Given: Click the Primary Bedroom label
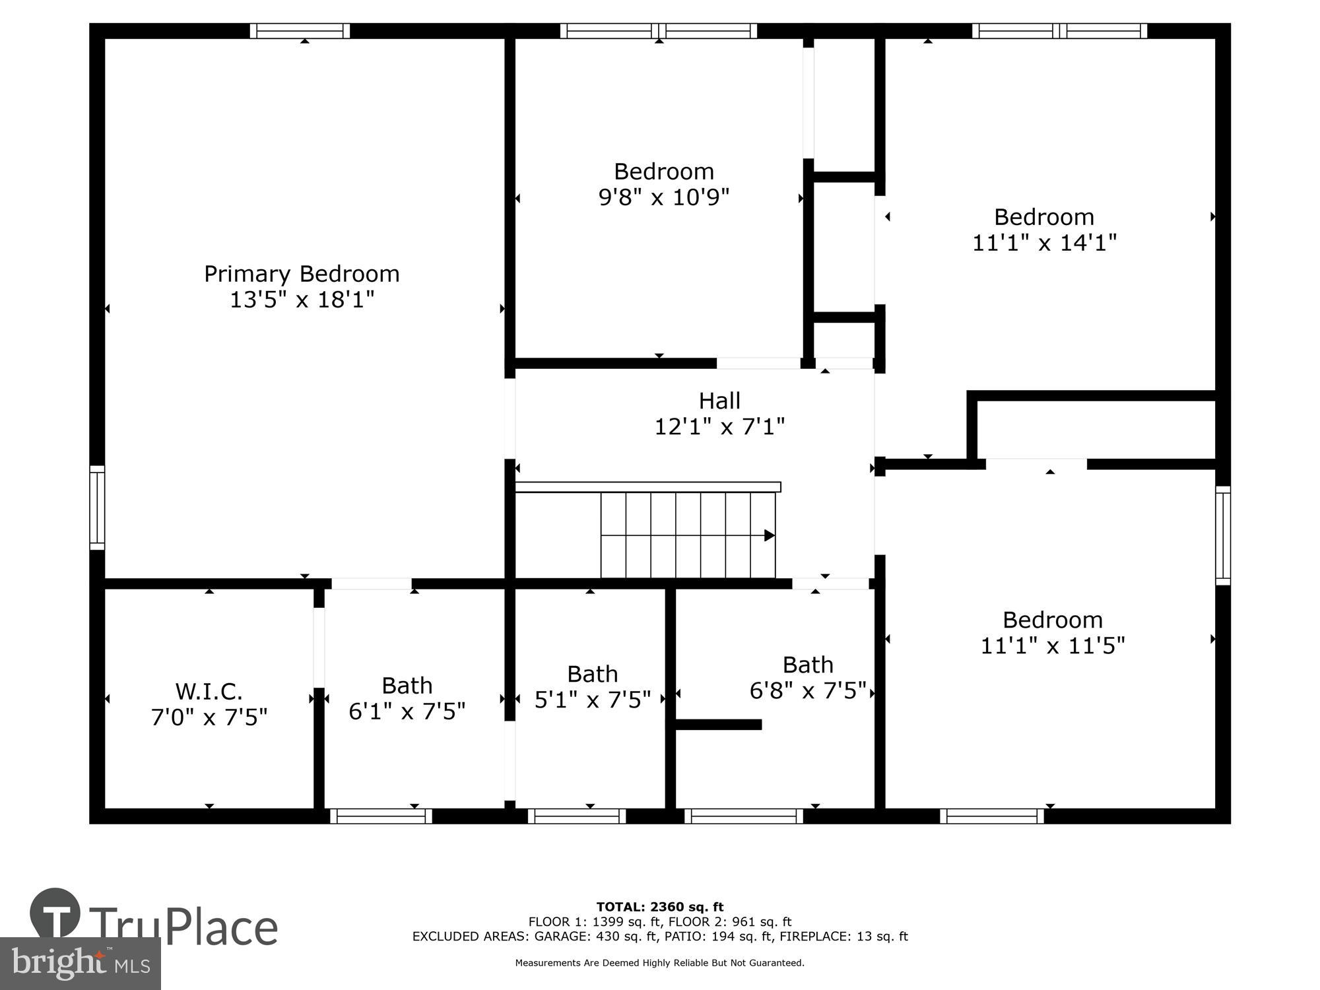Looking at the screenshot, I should pos(302,273).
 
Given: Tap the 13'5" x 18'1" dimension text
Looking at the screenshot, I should pos(302,300).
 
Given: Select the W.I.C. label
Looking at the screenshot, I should pos(209,691).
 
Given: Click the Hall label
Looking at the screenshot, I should pos(719,401).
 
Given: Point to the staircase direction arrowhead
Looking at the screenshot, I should pos(770,535).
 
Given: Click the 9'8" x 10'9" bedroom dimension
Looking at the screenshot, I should pos(663,197).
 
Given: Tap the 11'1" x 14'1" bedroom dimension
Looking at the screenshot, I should pos(1044,242).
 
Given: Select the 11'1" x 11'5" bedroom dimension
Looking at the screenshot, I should pos(1052,645).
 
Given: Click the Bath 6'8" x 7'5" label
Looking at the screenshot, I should pos(808,665).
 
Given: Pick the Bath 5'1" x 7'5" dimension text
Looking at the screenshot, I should pos(592,700).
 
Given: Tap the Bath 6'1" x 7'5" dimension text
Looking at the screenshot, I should pos(407,711).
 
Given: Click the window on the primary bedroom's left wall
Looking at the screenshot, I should pos(97,508).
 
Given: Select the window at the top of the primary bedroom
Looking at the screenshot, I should pos(300,31).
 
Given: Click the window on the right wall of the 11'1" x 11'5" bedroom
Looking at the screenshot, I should pos(1223,535).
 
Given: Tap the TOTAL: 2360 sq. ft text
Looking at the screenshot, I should pos(659,907).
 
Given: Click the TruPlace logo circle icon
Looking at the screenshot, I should pos(55,913).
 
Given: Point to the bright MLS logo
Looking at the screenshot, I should pos(81,963).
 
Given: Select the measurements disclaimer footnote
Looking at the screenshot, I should pos(659,963).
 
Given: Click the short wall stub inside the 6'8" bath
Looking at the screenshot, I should pos(719,724).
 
